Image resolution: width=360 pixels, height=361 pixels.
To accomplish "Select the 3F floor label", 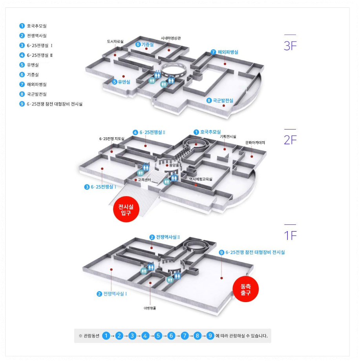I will [290, 46].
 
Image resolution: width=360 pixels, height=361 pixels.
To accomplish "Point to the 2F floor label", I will [290, 139].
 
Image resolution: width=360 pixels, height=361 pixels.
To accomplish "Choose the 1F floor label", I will [290, 235].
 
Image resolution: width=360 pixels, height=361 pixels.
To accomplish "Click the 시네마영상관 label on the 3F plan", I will [171, 38].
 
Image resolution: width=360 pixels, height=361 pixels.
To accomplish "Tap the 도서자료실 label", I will [115, 41].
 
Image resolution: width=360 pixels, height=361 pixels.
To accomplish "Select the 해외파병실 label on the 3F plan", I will [227, 52].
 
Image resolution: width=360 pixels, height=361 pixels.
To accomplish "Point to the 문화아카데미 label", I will [255, 142].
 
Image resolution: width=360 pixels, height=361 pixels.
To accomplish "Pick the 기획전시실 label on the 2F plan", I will [228, 137].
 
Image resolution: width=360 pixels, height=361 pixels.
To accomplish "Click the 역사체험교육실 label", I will [201, 179].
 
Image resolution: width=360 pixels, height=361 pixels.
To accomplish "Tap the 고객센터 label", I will [144, 180].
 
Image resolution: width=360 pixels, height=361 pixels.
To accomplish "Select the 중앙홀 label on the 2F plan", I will [174, 165].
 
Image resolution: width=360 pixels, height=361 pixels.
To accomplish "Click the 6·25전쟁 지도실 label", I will [111, 139].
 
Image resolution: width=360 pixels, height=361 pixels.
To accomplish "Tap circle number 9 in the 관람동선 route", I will [210, 335].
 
